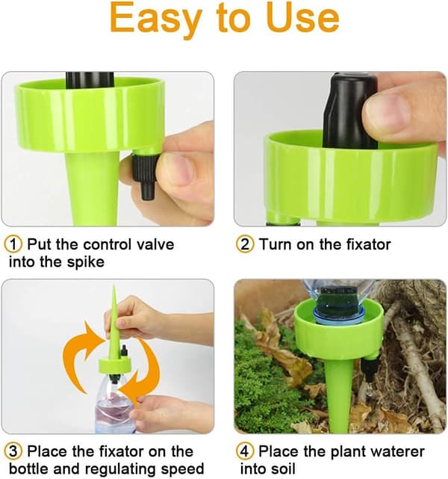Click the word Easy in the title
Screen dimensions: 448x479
155,19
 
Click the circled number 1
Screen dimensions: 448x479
13,244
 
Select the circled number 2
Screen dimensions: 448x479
245,244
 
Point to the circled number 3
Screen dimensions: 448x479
13,451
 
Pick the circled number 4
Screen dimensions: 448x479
245,451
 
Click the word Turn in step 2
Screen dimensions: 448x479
275,244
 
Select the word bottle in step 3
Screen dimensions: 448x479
28,469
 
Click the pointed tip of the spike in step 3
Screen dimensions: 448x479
114,286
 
